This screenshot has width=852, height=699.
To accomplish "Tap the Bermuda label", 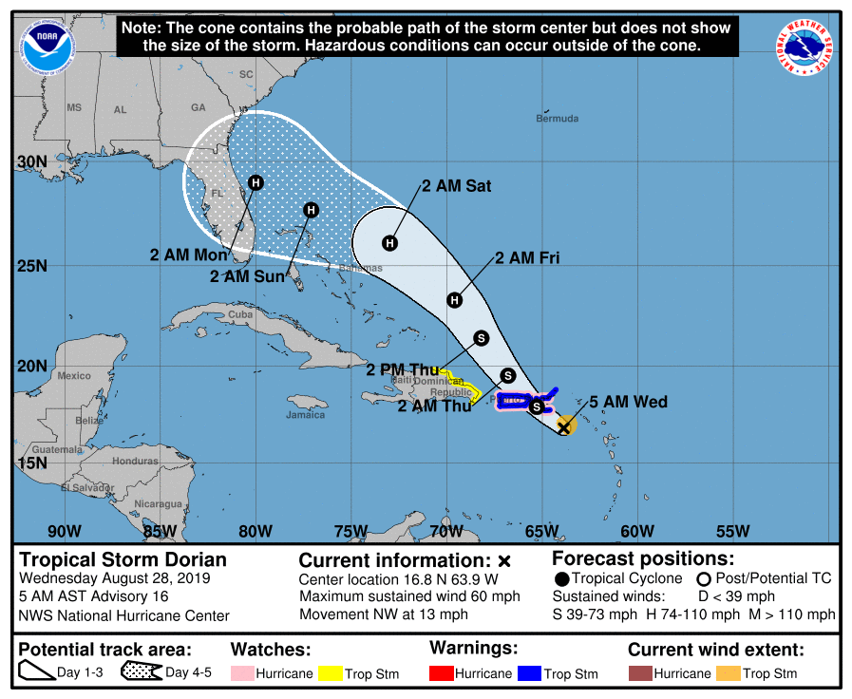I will pyautogui.click(x=557, y=119).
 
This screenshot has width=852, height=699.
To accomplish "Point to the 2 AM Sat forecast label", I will pyautogui.click(x=457, y=186).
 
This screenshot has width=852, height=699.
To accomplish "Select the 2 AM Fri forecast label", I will pyautogui.click(x=527, y=257).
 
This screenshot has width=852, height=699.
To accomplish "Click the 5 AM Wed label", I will pyautogui.click(x=628, y=402).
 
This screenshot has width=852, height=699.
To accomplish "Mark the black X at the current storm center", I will pyautogui.click(x=563, y=427).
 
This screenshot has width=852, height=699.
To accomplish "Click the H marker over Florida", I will pyautogui.click(x=256, y=182).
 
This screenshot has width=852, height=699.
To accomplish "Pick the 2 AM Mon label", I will pyautogui.click(x=188, y=255).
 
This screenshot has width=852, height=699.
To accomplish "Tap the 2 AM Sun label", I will pyautogui.click(x=247, y=276).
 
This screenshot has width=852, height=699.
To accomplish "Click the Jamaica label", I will pyautogui.click(x=305, y=414).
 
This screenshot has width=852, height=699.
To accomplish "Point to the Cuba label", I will pyautogui.click(x=241, y=314).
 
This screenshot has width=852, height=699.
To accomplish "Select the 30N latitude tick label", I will pyautogui.click(x=31, y=161).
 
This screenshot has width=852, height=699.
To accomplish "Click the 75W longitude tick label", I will pyautogui.click(x=350, y=531).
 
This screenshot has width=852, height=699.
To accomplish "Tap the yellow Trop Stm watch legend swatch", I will pyautogui.click(x=331, y=673).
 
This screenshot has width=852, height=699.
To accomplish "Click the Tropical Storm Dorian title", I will pyautogui.click(x=123, y=558).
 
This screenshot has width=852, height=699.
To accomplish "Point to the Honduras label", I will pyautogui.click(x=134, y=461).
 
